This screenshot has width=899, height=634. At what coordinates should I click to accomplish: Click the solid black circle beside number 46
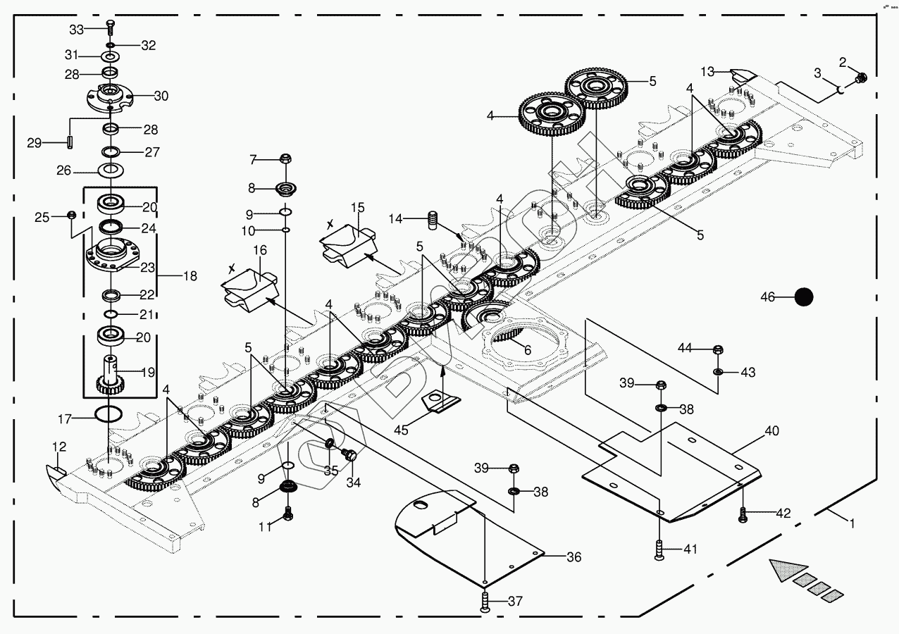[x=803, y=297]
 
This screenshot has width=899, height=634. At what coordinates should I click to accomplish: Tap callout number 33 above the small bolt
[x=76, y=29]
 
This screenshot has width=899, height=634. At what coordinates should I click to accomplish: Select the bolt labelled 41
[x=659, y=549]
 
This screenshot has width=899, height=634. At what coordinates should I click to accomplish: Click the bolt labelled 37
[x=485, y=602]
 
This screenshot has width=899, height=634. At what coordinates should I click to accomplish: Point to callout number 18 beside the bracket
[x=190, y=276]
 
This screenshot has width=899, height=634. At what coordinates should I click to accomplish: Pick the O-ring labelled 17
[x=108, y=414]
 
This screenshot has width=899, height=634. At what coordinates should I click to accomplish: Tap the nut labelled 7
[x=285, y=158]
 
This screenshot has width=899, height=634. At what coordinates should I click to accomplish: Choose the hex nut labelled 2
[x=860, y=77]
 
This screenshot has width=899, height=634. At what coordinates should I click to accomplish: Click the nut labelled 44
[x=717, y=349]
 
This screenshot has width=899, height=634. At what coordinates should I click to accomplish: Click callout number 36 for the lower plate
[x=574, y=557]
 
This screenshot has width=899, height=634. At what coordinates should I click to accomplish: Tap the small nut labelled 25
[x=71, y=214]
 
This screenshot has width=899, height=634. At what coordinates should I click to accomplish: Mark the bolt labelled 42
[x=743, y=516]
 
